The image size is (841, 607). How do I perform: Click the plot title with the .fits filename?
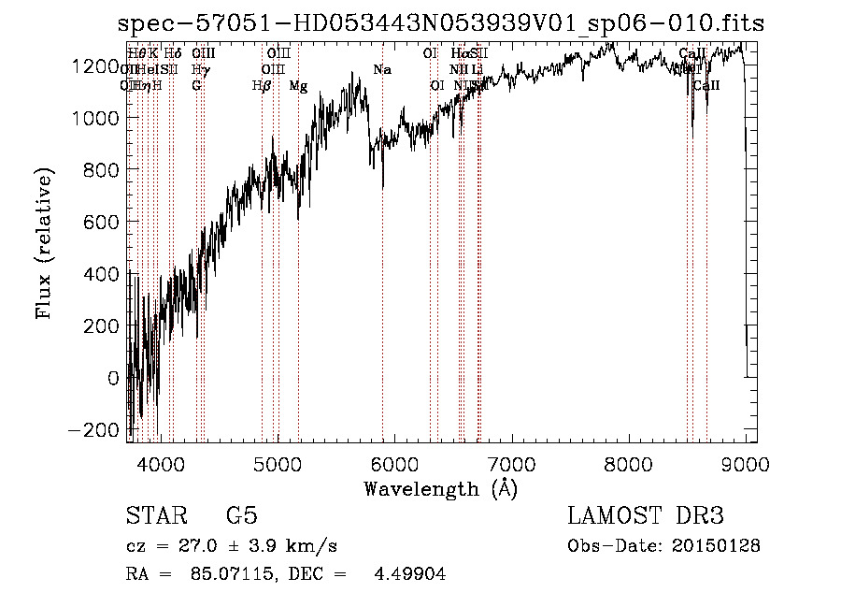pos(441,23)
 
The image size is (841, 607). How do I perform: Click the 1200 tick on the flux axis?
pos(100,65)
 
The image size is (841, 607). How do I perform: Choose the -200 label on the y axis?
pos(96,430)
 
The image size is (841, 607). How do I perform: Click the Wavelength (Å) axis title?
pos(440,488)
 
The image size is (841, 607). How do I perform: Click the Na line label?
pos(381,70)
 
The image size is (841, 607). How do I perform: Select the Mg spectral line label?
pos(298,86)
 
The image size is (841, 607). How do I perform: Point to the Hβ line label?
pos(262,86)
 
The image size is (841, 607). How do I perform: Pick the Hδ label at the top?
pos(173,53)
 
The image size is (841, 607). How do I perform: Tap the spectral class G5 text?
pos(242,516)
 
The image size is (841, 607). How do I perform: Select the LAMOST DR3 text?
pos(646,516)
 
